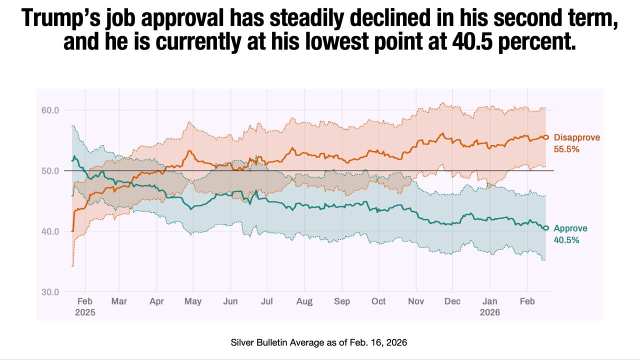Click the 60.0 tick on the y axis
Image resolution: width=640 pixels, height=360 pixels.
[x=49, y=110]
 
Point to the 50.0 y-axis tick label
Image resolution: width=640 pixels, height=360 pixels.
[x=49, y=170]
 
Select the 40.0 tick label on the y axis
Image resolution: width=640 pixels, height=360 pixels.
[x=49, y=231]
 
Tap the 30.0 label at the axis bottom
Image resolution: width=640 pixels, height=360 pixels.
[x=49, y=292]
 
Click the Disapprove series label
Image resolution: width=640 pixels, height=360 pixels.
[x=576, y=137]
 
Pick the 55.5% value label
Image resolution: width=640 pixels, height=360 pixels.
[x=566, y=148]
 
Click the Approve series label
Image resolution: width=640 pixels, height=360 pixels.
[x=570, y=228]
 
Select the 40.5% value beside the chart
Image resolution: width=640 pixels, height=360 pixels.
[x=566, y=240]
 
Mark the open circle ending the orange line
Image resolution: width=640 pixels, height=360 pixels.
[x=546, y=137]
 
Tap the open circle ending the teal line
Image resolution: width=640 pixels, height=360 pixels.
[x=546, y=228]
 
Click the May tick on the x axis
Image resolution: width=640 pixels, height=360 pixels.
[x=193, y=301]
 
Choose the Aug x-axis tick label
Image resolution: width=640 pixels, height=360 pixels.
[x=304, y=301]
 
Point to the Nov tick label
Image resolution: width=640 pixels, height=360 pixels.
[x=416, y=301]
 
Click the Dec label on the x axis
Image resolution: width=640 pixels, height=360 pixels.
[x=452, y=301]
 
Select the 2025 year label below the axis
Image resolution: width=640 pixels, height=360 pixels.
[x=85, y=312]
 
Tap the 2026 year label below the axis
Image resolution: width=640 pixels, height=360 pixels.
[x=490, y=312]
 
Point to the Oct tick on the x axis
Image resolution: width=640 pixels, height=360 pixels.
[x=378, y=301]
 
